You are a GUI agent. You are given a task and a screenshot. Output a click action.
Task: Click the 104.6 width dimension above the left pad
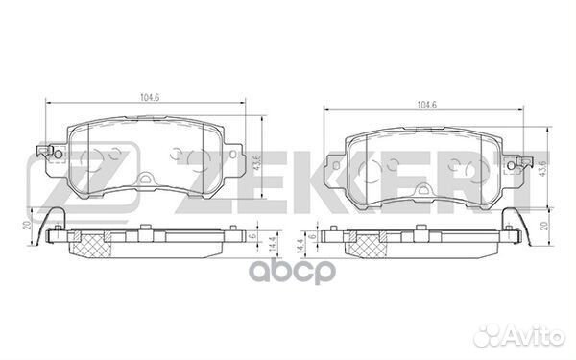150,97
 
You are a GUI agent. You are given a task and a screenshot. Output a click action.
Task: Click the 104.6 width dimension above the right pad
426,105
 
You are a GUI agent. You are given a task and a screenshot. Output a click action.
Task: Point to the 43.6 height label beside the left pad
256,163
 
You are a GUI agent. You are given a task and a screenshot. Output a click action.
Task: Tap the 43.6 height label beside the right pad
543,169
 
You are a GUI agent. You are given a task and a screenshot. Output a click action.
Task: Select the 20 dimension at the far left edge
27,225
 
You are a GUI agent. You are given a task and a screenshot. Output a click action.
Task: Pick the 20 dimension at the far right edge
545,226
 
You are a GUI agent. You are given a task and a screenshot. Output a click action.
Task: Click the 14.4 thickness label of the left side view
272,244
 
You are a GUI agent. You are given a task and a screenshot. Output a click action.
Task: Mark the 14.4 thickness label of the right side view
300,246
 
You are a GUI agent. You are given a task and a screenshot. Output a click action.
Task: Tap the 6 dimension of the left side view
252,236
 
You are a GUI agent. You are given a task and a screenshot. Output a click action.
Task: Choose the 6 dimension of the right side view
312,236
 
